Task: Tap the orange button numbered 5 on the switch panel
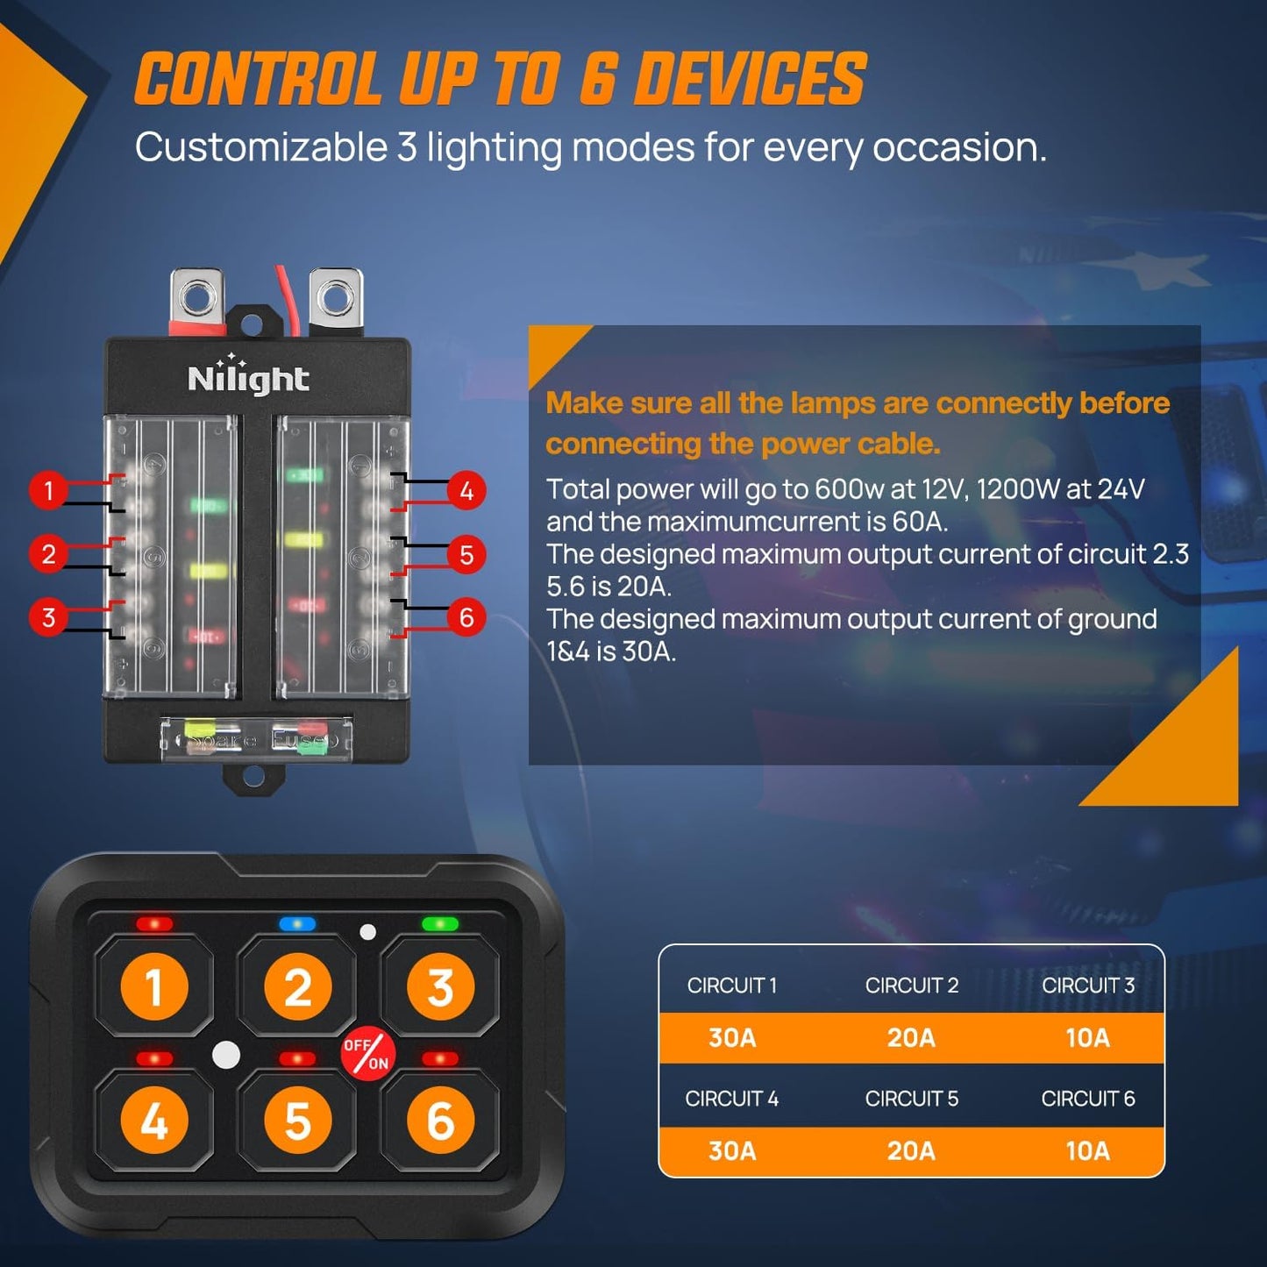297,1121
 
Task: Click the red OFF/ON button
367,1053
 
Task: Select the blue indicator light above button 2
297,924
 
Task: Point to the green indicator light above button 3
439,924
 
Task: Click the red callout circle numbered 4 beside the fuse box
466,490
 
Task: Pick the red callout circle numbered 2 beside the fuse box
49,554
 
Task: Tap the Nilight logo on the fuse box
248,378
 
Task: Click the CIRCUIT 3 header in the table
1087,986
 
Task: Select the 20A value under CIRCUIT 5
911,1150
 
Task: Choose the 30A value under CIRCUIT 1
732,1038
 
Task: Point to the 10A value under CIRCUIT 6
1087,1150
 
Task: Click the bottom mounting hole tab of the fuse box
253,776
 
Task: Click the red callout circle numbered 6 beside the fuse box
466,617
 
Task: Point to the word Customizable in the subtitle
260,147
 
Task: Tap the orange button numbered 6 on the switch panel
440,1121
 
